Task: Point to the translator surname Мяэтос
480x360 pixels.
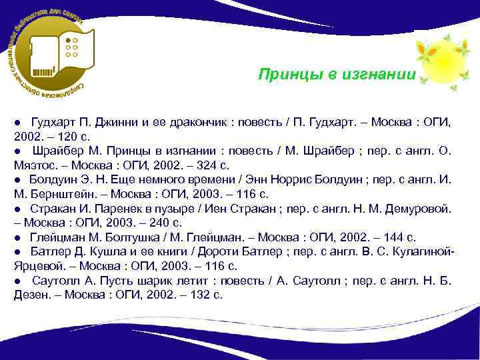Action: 33,165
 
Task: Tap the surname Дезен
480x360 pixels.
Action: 30,294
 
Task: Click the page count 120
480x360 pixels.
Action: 69,136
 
